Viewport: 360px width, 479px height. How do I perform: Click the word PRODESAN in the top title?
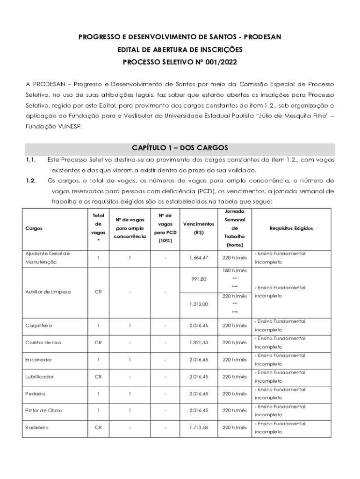coord(260,37)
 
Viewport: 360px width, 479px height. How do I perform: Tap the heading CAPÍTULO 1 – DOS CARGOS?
coord(180,148)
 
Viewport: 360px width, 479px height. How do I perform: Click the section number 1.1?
coord(31,160)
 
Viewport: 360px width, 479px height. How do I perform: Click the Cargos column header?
coord(35,228)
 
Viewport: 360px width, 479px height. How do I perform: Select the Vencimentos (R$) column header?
coord(199,228)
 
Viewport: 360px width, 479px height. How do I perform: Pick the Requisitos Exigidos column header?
coord(291,228)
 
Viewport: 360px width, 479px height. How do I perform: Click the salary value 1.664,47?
coord(199,258)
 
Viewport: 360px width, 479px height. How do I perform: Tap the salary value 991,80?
coord(199,279)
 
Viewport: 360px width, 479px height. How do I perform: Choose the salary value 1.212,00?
coord(199,304)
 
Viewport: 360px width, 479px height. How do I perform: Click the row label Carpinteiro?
coord(40,326)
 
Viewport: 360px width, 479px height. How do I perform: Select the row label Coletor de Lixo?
coord(43,343)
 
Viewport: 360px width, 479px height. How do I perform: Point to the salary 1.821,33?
coord(199,343)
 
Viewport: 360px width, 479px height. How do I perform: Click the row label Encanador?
coord(39,360)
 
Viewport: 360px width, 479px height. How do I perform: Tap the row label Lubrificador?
coord(40,377)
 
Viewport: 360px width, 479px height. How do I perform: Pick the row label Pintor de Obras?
coord(44,411)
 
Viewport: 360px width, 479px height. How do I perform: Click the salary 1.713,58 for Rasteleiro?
coord(199,428)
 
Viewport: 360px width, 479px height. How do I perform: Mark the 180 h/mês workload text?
coord(235,271)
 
